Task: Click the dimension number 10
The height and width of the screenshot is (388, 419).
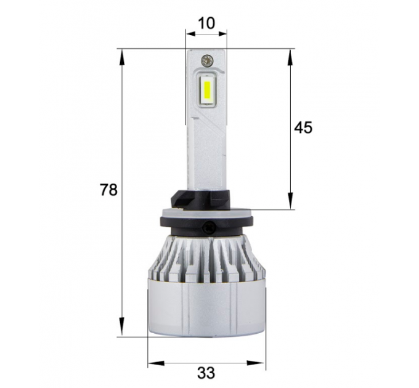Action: point(206,23)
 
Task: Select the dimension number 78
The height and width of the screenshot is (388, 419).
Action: point(108,190)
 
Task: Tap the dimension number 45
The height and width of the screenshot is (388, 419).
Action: point(303,127)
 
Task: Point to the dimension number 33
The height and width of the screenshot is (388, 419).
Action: point(206,373)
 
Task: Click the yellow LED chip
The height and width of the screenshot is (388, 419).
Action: point(207,90)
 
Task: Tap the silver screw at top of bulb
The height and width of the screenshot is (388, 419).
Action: point(207,60)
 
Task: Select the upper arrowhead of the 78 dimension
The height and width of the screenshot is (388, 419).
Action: point(121,58)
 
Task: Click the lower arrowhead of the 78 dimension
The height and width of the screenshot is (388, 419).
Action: point(121,326)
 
